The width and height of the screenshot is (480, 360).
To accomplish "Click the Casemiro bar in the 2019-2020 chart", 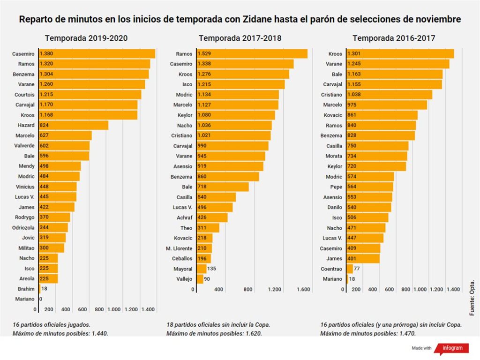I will (x=97, y=54).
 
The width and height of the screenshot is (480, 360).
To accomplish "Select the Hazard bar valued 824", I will (x=74, y=125).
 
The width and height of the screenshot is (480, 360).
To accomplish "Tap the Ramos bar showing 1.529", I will (x=252, y=54).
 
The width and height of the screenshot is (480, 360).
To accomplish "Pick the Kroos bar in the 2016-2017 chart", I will (x=400, y=54).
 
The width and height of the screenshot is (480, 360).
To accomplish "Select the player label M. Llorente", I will (x=179, y=248).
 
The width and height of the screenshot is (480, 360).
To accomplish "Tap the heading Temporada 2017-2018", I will (x=240, y=38).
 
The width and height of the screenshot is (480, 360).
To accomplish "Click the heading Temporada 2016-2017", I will (x=394, y=38).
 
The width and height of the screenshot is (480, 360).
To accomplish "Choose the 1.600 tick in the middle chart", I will (x=304, y=290).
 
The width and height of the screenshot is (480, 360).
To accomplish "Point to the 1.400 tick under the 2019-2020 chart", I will (x=148, y=309).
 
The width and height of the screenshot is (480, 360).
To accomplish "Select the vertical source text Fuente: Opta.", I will (x=472, y=297).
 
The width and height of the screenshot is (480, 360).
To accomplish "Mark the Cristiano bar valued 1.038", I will (x=389, y=95).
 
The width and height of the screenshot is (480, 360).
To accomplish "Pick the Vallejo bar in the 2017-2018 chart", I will (x=200, y=279).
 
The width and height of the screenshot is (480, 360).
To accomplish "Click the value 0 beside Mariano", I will (x=41, y=299).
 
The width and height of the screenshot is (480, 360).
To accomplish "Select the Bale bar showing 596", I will (x=64, y=156).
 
